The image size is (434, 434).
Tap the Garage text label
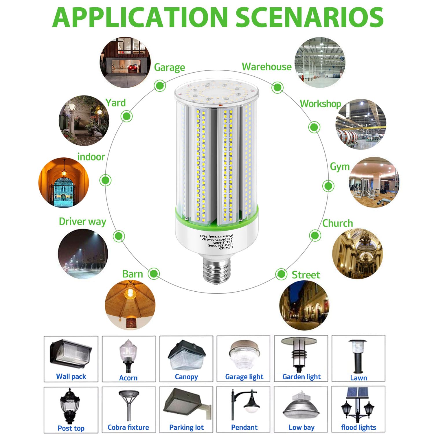point(169,67)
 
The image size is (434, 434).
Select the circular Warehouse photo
point(320,62)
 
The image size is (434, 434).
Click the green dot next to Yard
point(126,116)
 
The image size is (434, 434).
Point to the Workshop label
point(320,104)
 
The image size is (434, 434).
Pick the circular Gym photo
point(374,182)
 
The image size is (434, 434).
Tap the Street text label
point(306,275)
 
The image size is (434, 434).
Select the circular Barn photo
point(130,305)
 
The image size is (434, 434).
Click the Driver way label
point(82,222)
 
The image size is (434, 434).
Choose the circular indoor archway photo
point(64,182)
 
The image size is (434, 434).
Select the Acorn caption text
point(128,378)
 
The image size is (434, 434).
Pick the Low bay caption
point(301,427)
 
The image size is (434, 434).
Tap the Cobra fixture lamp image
point(128,405)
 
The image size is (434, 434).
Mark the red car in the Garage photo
point(132,68)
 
